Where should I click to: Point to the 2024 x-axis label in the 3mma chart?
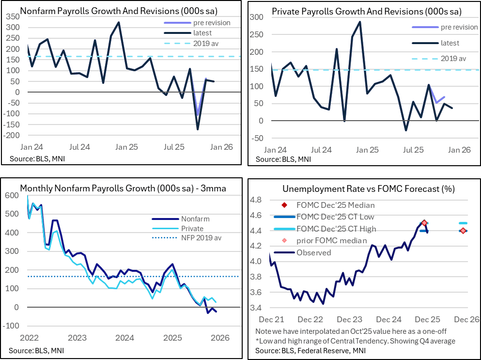pos(125,337)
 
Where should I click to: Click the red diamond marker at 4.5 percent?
pos(424,223)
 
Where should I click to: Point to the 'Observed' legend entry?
pos(314,252)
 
